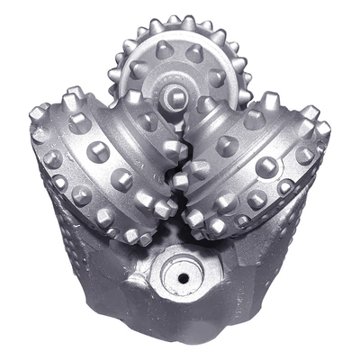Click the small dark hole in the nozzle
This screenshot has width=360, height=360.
coord(183,278)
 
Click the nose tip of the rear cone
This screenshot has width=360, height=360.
coord(176,94)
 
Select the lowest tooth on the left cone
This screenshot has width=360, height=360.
coord(144,238)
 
